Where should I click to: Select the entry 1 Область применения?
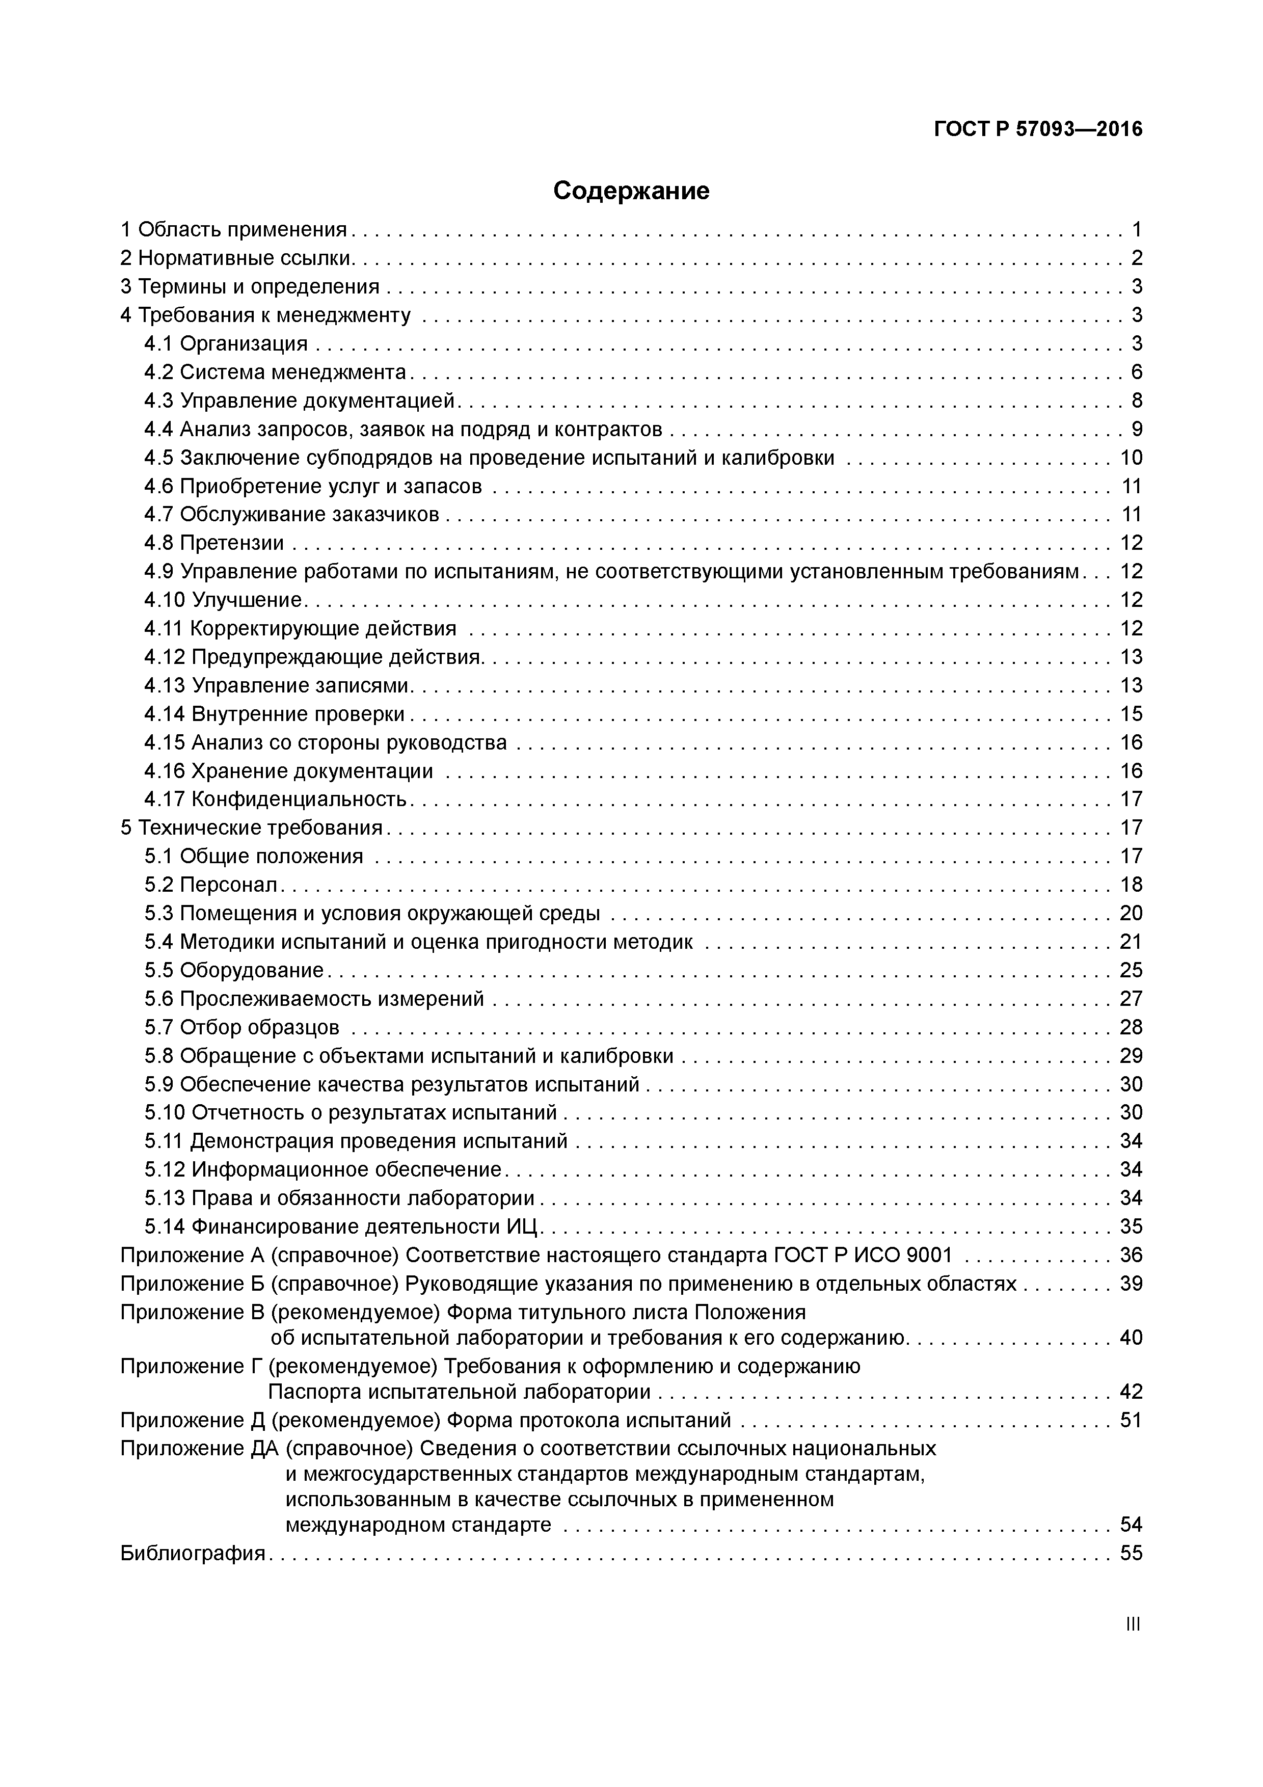[x=233, y=230]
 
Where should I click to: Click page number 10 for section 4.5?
[x=1131, y=458]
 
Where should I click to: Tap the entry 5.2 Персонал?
[x=211, y=885]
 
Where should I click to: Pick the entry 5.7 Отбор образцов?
[x=242, y=1027]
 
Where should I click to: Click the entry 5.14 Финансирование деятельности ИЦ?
[x=342, y=1226]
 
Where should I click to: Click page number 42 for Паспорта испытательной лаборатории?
[x=1131, y=1391]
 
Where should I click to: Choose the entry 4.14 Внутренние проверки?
[x=275, y=714]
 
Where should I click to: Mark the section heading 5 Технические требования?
[x=251, y=828]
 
